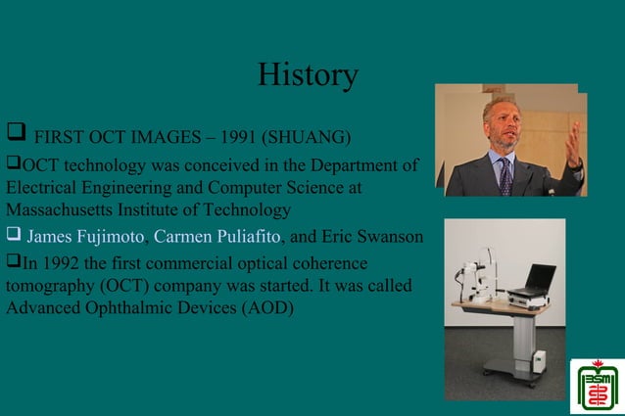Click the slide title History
tap(308, 74)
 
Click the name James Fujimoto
tap(85, 237)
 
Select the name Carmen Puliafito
tap(216, 237)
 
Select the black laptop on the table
tap(534, 281)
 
